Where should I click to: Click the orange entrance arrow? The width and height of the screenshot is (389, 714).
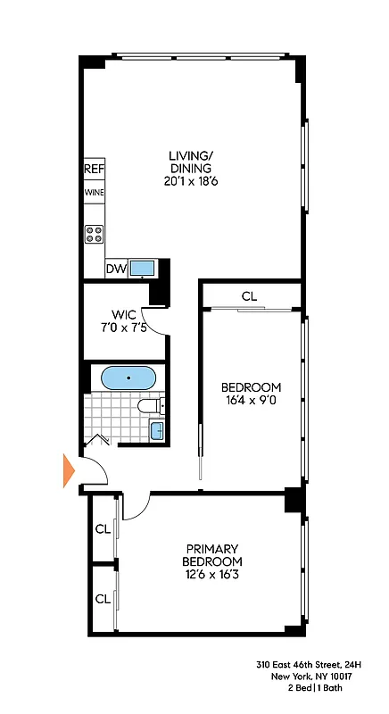click(x=69, y=469)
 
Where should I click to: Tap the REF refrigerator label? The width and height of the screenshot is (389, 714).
click(x=95, y=169)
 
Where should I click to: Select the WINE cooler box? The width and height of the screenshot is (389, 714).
click(x=95, y=192)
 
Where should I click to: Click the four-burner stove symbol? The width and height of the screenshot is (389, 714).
click(x=95, y=234)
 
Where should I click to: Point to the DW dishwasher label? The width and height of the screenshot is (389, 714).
click(x=116, y=269)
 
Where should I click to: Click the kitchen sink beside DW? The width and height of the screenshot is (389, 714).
click(x=143, y=268)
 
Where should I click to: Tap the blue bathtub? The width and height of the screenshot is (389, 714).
click(x=129, y=378)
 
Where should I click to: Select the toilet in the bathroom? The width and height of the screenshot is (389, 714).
click(x=149, y=406)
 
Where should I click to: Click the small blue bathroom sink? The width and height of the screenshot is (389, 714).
click(x=156, y=432)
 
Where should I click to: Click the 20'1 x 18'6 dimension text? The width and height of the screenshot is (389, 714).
click(x=191, y=180)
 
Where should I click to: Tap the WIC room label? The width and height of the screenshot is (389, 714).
click(x=122, y=313)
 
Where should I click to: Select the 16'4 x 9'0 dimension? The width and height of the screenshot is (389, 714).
click(x=251, y=402)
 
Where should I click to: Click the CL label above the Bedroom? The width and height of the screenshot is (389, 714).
click(x=250, y=295)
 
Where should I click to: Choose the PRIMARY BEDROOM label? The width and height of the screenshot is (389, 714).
click(x=212, y=554)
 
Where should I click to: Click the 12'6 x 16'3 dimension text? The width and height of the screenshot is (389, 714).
click(x=212, y=575)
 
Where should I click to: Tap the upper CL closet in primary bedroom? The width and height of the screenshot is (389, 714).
click(x=103, y=529)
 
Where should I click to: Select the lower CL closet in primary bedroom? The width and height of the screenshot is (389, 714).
click(x=103, y=599)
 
